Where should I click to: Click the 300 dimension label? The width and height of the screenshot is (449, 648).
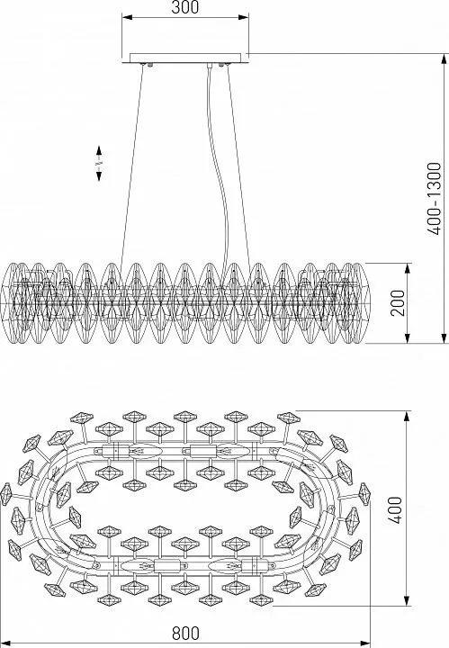184,7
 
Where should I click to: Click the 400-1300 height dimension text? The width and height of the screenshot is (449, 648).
435,199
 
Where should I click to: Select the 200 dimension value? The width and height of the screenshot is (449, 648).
398,303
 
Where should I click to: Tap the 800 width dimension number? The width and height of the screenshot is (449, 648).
185,633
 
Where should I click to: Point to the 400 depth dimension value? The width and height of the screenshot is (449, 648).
396,510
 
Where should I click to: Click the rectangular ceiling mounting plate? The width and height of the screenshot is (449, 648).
185,58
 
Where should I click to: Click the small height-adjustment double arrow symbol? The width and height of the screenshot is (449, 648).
99,163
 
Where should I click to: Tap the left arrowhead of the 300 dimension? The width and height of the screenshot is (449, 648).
127,17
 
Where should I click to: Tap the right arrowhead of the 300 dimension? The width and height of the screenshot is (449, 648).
243,17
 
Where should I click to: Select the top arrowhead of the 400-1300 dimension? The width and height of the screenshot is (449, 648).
445,59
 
